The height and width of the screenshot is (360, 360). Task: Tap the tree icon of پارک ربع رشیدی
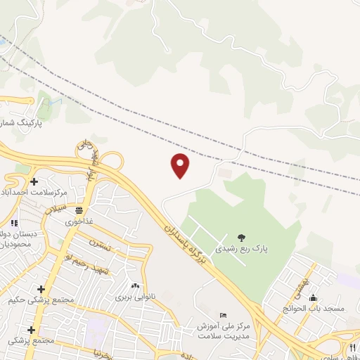tap(241, 236)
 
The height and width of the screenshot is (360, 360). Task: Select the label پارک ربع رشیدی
tap(241, 248)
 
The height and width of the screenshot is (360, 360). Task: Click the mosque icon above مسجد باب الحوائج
tap(313, 297)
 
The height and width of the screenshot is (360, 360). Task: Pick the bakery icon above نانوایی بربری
tap(134, 286)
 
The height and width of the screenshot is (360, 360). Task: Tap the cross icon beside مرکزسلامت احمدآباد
tap(33, 182)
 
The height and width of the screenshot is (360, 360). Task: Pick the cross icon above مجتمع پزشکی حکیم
tap(41, 289)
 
